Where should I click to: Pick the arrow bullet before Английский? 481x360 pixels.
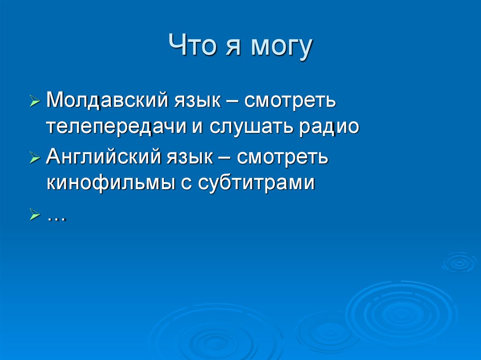tap(35, 158)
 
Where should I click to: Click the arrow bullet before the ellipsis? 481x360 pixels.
tap(35, 215)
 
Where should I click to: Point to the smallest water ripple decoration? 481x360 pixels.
tap(459, 262)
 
